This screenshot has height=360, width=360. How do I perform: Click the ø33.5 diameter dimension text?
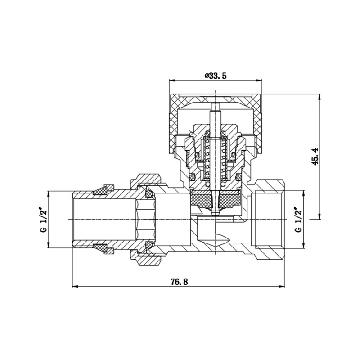(216, 76)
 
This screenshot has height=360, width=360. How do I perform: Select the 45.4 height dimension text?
(315, 156)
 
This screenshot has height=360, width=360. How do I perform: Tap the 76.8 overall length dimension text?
(179, 282)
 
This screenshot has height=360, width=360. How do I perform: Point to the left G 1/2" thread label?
(43, 220)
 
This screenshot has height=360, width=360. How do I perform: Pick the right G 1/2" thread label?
(299, 220)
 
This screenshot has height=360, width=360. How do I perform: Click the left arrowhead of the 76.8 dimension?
(75, 287)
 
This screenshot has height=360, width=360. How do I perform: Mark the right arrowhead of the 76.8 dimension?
(282, 287)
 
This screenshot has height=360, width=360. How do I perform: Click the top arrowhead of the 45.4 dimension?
(319, 97)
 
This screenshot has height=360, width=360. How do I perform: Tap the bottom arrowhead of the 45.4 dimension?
(319, 216)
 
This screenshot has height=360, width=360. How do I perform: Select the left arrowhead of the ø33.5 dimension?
(172, 80)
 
